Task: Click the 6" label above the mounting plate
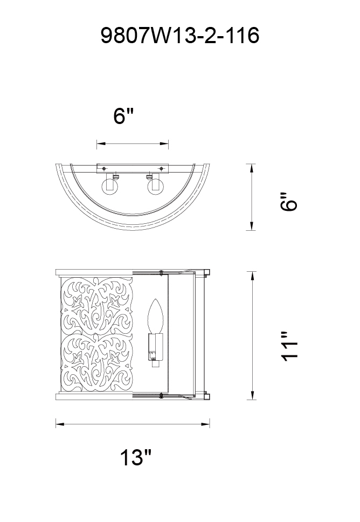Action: click(x=123, y=116)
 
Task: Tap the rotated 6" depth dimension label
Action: click(x=288, y=201)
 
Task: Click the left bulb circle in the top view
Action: click(x=110, y=186)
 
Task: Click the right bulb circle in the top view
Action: click(x=155, y=186)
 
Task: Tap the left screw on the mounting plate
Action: click(x=104, y=168)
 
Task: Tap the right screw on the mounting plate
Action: click(x=161, y=168)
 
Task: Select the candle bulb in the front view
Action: click(x=155, y=316)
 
